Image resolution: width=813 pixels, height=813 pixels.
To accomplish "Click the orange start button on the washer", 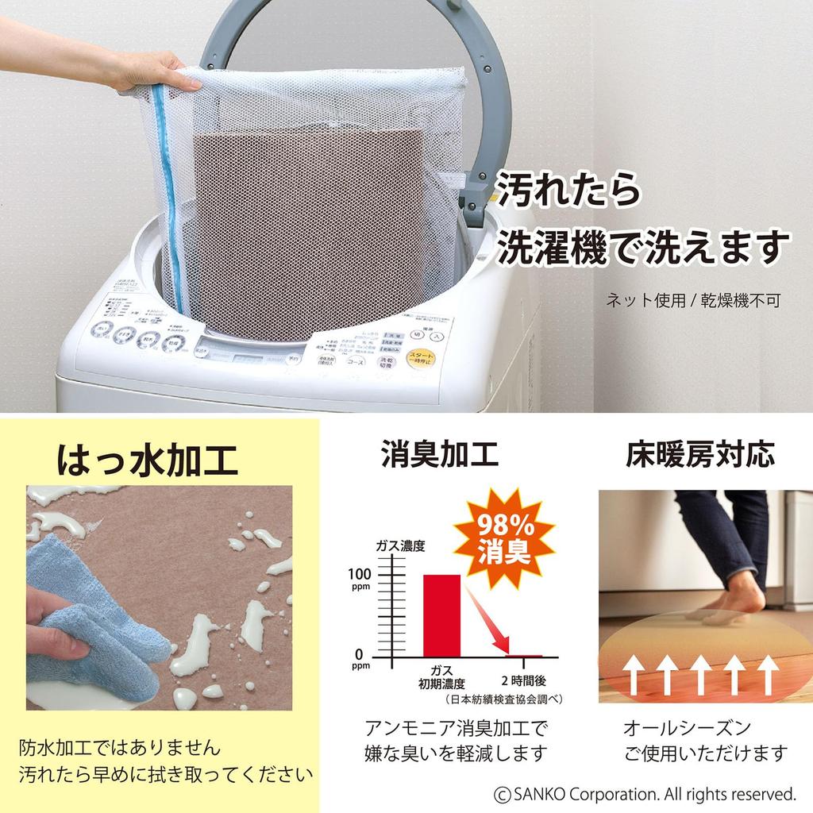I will (420, 358).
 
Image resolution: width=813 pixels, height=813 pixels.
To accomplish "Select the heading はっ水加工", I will (147, 459).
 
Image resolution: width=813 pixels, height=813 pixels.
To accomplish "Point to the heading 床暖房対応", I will (699, 455).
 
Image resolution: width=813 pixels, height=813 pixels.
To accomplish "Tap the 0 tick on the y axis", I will (359, 655).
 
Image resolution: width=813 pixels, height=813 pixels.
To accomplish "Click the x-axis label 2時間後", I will (524, 681).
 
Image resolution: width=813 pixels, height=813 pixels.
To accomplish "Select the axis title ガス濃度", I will (401, 546).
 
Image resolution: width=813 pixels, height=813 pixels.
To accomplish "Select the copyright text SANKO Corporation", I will (644, 793).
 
